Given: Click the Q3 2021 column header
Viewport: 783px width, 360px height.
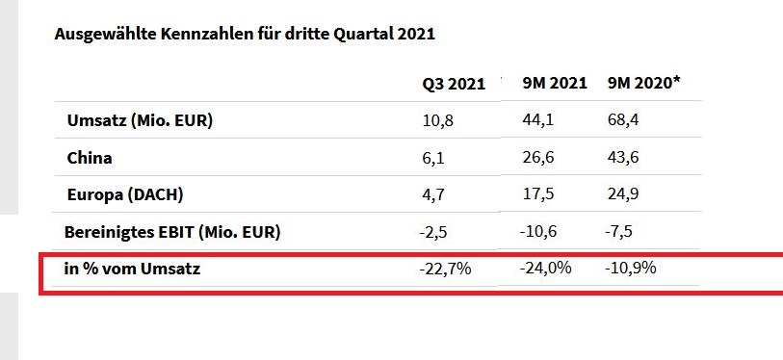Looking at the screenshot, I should click(453, 84).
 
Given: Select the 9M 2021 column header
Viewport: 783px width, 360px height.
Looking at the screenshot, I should click(554, 84).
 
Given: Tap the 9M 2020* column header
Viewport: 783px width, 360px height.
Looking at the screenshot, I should click(643, 84).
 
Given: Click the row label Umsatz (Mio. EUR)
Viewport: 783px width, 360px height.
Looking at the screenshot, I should click(140, 121).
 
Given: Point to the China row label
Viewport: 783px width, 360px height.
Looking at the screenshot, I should click(90, 158).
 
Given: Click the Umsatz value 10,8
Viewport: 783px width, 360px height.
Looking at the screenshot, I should click(436, 121).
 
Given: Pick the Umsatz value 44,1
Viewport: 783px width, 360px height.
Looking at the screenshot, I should click(537, 121).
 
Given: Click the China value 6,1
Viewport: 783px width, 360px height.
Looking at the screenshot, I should click(432, 158).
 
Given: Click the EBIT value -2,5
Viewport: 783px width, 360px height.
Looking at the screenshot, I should click(435, 232).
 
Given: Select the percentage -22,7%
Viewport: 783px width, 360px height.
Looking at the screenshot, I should click(445, 269).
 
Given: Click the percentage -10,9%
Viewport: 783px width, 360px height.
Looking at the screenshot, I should click(631, 269).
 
